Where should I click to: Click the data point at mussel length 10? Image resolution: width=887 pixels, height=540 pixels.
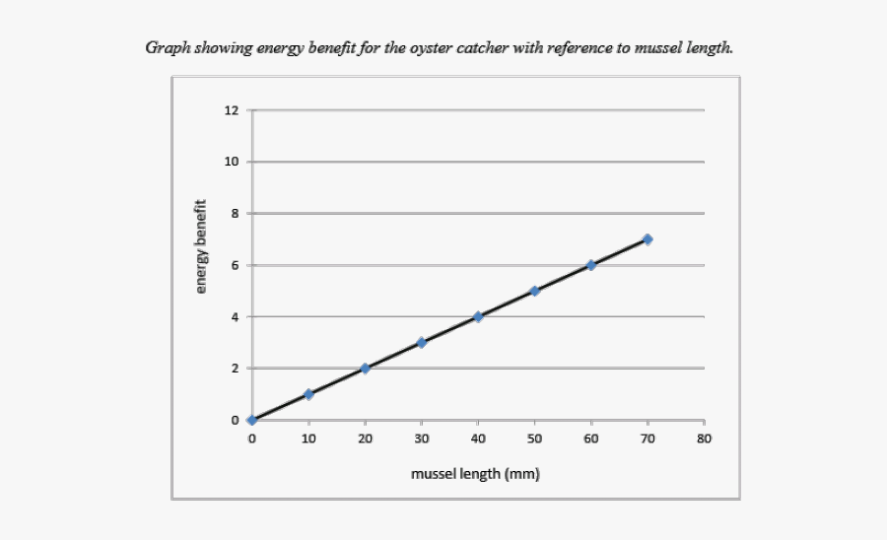click(x=308, y=394)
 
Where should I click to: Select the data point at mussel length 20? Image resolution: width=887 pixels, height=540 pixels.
click(x=365, y=369)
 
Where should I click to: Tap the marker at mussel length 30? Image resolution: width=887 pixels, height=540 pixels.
click(x=421, y=343)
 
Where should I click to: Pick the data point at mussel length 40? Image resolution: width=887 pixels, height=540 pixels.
click(x=478, y=316)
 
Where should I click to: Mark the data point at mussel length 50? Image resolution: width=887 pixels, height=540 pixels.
click(x=534, y=291)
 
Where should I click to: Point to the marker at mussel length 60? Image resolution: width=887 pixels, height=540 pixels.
click(x=591, y=265)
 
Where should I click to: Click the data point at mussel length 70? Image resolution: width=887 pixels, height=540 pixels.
click(x=648, y=239)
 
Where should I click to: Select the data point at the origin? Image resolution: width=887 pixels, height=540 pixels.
click(x=252, y=420)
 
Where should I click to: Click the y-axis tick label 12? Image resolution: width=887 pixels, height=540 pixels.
click(x=232, y=110)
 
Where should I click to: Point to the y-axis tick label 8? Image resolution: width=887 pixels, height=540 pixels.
click(x=235, y=214)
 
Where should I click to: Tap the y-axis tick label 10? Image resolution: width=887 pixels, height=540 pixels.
click(x=232, y=162)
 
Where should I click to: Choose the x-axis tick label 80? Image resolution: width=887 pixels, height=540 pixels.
click(x=704, y=438)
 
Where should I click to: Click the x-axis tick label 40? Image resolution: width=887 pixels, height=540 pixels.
click(x=478, y=438)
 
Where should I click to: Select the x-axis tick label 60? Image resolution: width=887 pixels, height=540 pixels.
click(x=591, y=438)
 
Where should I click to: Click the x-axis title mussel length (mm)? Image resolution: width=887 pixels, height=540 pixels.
click(x=476, y=474)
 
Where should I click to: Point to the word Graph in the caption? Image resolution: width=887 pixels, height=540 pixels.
click(x=166, y=47)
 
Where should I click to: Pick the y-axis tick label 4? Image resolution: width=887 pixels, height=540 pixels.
click(x=235, y=317)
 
